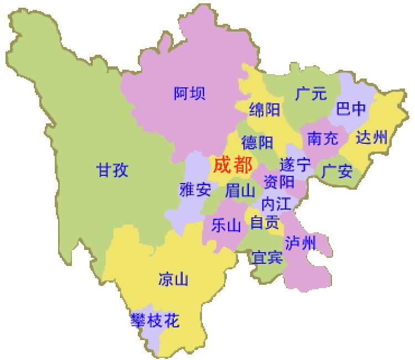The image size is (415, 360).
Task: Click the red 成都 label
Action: point(233,165)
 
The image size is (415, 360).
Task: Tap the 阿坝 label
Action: point(189,93)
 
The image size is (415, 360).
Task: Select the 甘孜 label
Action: point(112,170)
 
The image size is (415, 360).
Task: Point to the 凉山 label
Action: point(173,279)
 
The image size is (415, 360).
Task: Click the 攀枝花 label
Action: point(155,320)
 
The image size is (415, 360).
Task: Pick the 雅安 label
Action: point(195,190)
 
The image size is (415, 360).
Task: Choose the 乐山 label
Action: point(226,225)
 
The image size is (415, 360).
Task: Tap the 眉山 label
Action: point(240,191)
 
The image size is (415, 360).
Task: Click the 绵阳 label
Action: point(264,109)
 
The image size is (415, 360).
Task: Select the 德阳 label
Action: point(257,142)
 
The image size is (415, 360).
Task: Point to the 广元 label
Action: point(311,94)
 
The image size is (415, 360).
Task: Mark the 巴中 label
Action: point(351,109)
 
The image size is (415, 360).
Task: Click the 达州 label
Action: point(371,137)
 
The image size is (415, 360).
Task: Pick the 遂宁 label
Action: point(295,165)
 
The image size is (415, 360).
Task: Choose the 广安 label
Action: point(338,171)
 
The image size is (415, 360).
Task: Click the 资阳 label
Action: point(279,181)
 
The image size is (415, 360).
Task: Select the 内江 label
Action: point(276,204)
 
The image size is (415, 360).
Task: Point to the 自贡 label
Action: point(264,222)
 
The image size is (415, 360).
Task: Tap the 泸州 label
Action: point(300,242)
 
